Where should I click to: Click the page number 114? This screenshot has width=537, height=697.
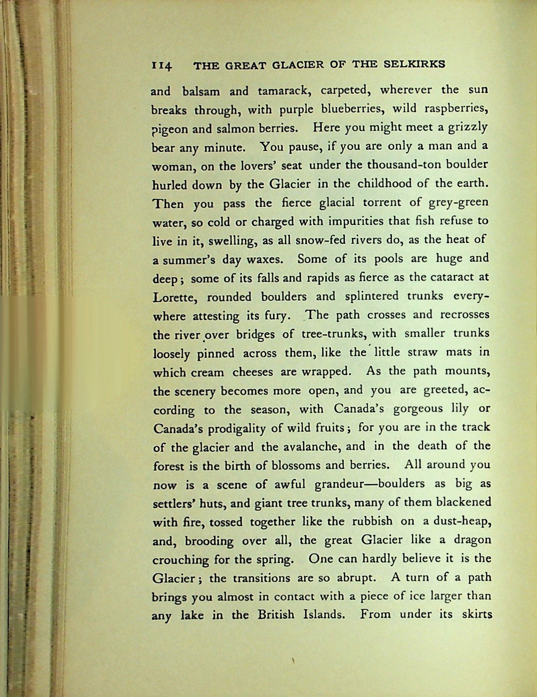pyautogui.click(x=162, y=66)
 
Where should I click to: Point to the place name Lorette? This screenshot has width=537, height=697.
pyautogui.click(x=175, y=298)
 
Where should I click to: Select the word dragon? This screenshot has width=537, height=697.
pyautogui.click(x=472, y=540)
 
